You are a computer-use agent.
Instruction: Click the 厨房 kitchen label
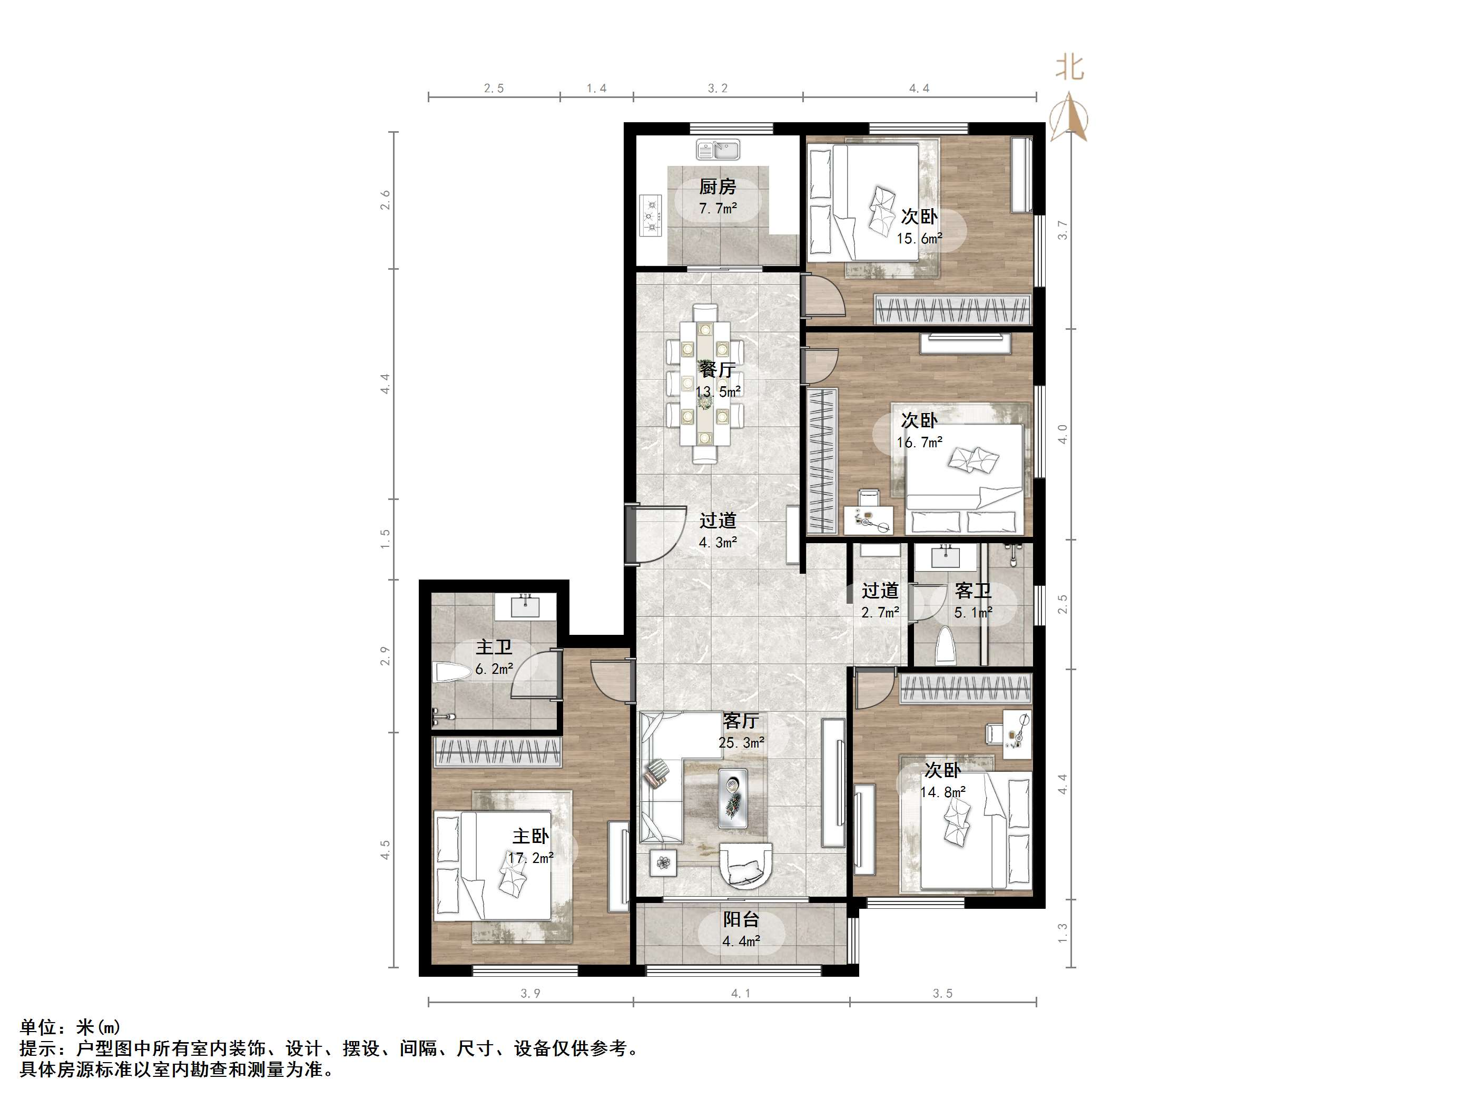(717, 187)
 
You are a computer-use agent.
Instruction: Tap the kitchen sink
(718, 150)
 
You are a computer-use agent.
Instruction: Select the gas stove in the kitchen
(651, 215)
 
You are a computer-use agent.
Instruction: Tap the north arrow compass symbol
(1069, 118)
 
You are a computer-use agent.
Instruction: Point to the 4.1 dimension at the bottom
(741, 993)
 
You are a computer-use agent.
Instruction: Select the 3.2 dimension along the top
(717, 89)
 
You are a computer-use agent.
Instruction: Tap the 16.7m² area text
(919, 443)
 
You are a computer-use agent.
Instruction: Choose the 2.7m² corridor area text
(880, 613)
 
